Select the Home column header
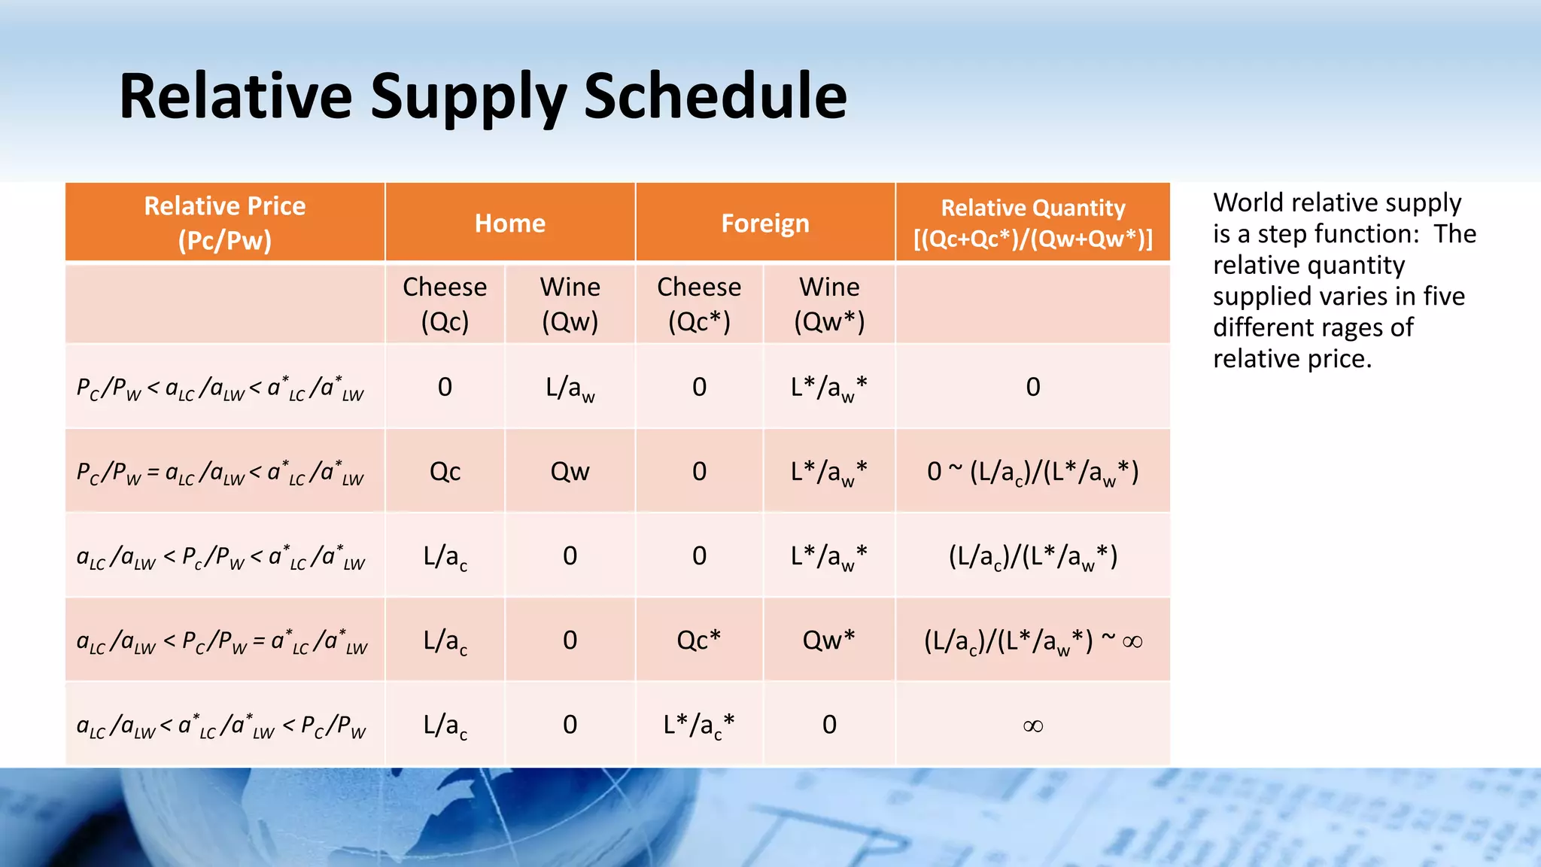[x=509, y=224]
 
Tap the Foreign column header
[x=764, y=224]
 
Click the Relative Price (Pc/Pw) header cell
[x=224, y=223]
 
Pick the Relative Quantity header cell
[x=1032, y=223]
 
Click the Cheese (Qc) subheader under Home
[x=445, y=304]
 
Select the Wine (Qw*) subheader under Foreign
[x=829, y=304]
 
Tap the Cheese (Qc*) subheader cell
[x=699, y=304]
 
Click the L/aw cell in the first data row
[x=570, y=388]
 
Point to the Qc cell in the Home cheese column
[x=445, y=472]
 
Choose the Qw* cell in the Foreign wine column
[x=828, y=640]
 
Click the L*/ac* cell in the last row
[x=698, y=725]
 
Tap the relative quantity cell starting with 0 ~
[x=1032, y=473]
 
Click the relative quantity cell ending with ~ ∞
[x=1032, y=641]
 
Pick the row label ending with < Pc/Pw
[x=221, y=726]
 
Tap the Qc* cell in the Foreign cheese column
[x=698, y=640]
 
